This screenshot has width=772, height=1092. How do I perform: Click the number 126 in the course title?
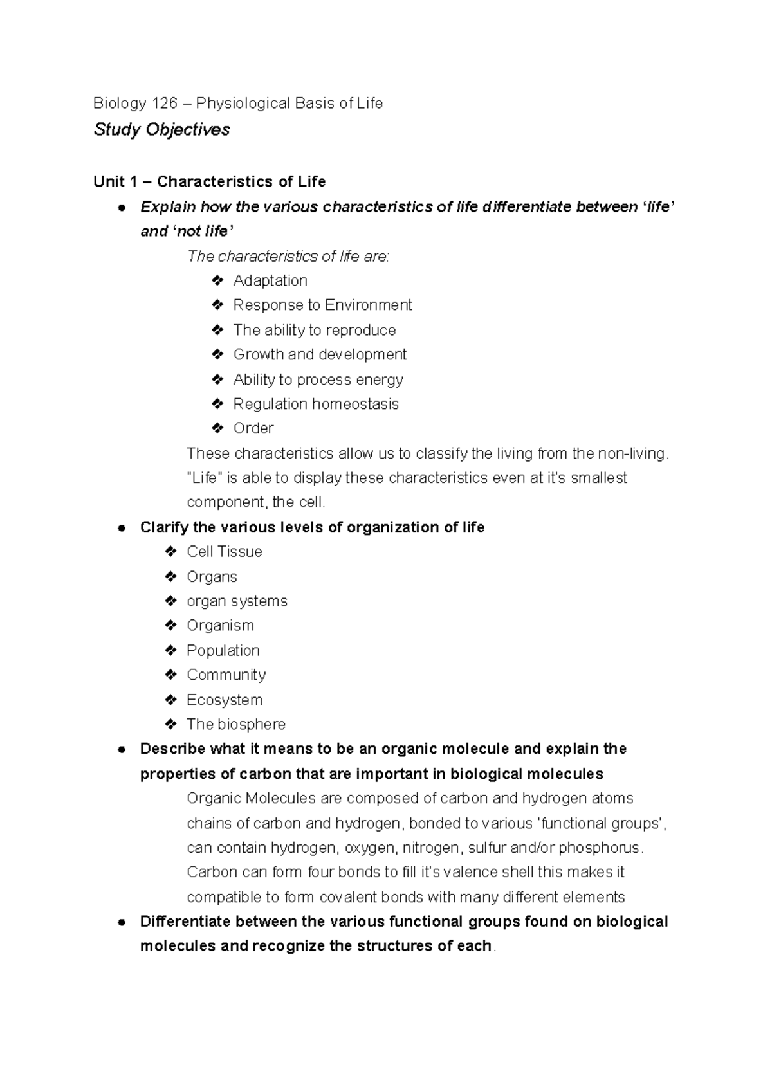(x=164, y=103)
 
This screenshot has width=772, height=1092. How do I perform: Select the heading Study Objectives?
(x=161, y=129)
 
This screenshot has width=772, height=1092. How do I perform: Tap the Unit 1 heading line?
(x=209, y=181)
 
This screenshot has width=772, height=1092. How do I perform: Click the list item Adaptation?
(x=270, y=280)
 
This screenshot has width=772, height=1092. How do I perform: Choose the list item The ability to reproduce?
(x=315, y=330)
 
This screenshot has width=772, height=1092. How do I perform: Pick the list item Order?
(x=253, y=428)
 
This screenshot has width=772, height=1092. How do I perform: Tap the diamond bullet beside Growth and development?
(x=217, y=354)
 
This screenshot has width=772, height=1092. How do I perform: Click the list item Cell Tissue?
(x=225, y=552)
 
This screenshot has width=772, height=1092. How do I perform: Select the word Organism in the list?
(x=220, y=626)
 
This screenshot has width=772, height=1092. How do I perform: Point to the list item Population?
(x=223, y=650)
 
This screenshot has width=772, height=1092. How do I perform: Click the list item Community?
(x=226, y=675)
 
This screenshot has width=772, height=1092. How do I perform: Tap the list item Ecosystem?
(x=225, y=700)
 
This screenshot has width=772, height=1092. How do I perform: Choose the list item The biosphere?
(x=236, y=724)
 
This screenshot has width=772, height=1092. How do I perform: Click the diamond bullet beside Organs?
(x=170, y=576)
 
